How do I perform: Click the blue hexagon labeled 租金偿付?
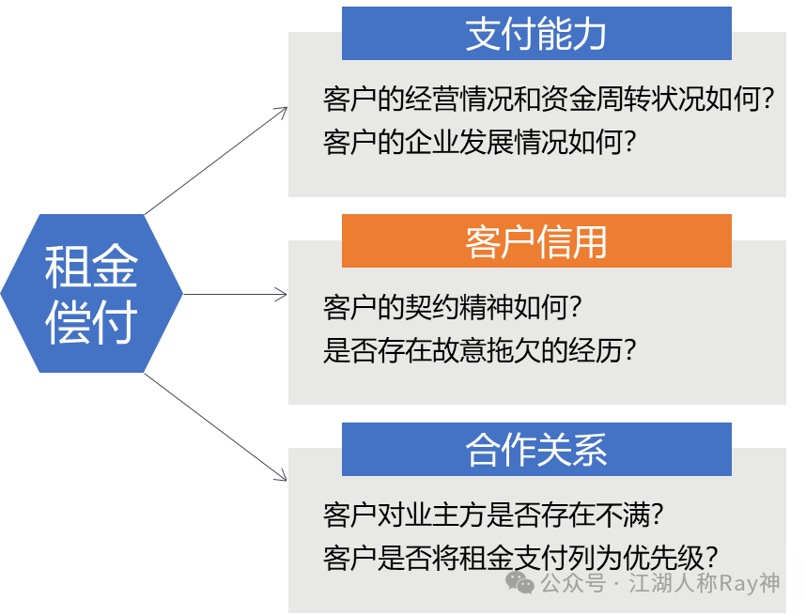(92, 293)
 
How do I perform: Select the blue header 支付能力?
(536, 34)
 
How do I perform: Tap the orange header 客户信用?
(536, 241)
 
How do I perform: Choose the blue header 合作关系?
(536, 450)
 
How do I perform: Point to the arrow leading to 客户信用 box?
(235, 295)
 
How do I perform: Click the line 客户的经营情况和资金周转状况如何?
(548, 100)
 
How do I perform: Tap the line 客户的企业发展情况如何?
(480, 143)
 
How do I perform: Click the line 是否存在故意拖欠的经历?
(480, 350)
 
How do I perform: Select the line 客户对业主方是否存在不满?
(494, 515)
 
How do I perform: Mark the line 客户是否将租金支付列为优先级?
(521, 557)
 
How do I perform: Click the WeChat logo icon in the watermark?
(520, 583)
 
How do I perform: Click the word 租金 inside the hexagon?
(91, 267)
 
